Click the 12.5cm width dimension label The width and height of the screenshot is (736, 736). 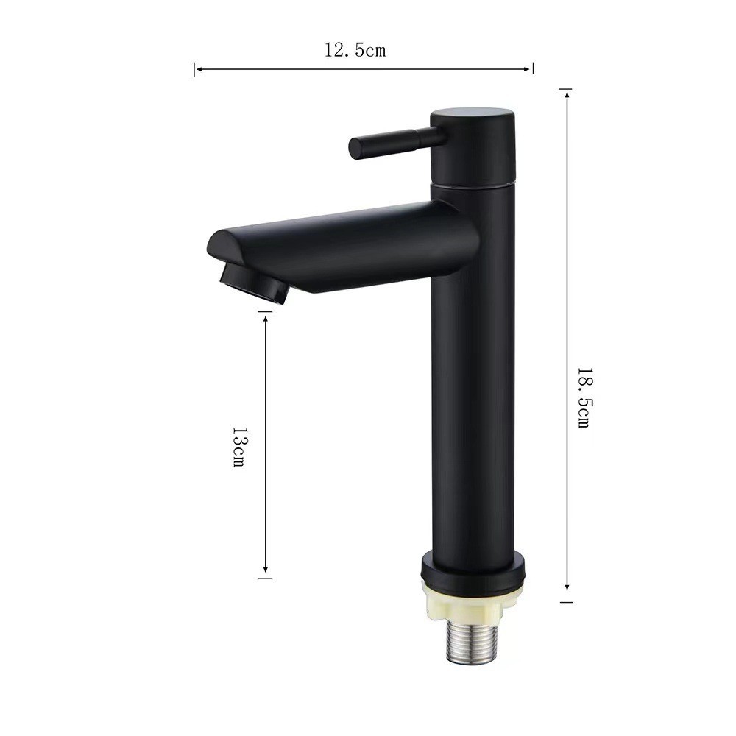click(355, 51)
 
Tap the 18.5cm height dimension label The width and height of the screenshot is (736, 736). click(583, 398)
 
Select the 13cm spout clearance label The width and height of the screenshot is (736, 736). click(238, 447)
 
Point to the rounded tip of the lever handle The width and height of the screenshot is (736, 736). click(354, 148)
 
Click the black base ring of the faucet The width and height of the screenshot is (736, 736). click(473, 571)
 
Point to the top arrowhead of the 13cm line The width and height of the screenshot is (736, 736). click(266, 316)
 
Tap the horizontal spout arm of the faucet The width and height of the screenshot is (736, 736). click(368, 247)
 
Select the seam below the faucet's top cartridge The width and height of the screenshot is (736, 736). click(473, 186)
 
